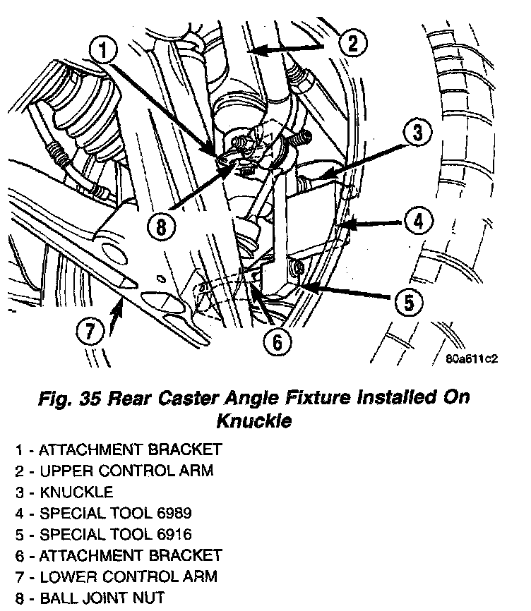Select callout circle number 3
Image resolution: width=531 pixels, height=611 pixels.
tap(417, 133)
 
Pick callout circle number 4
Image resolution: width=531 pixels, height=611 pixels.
tap(418, 222)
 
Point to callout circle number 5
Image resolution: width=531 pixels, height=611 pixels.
tap(407, 303)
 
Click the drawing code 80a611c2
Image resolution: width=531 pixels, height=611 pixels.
tap(472, 358)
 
